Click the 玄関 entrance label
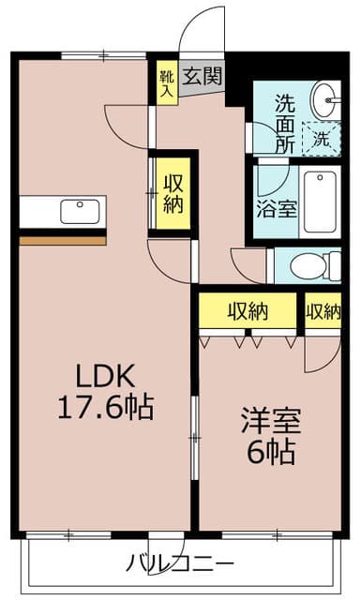203,76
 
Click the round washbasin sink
325,97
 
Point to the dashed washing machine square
322,139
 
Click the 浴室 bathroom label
277,205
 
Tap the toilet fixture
310,265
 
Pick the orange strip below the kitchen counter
64,240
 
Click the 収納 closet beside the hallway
172,193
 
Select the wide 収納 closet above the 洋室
248,311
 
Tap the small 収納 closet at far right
322,311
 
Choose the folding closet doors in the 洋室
248,339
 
